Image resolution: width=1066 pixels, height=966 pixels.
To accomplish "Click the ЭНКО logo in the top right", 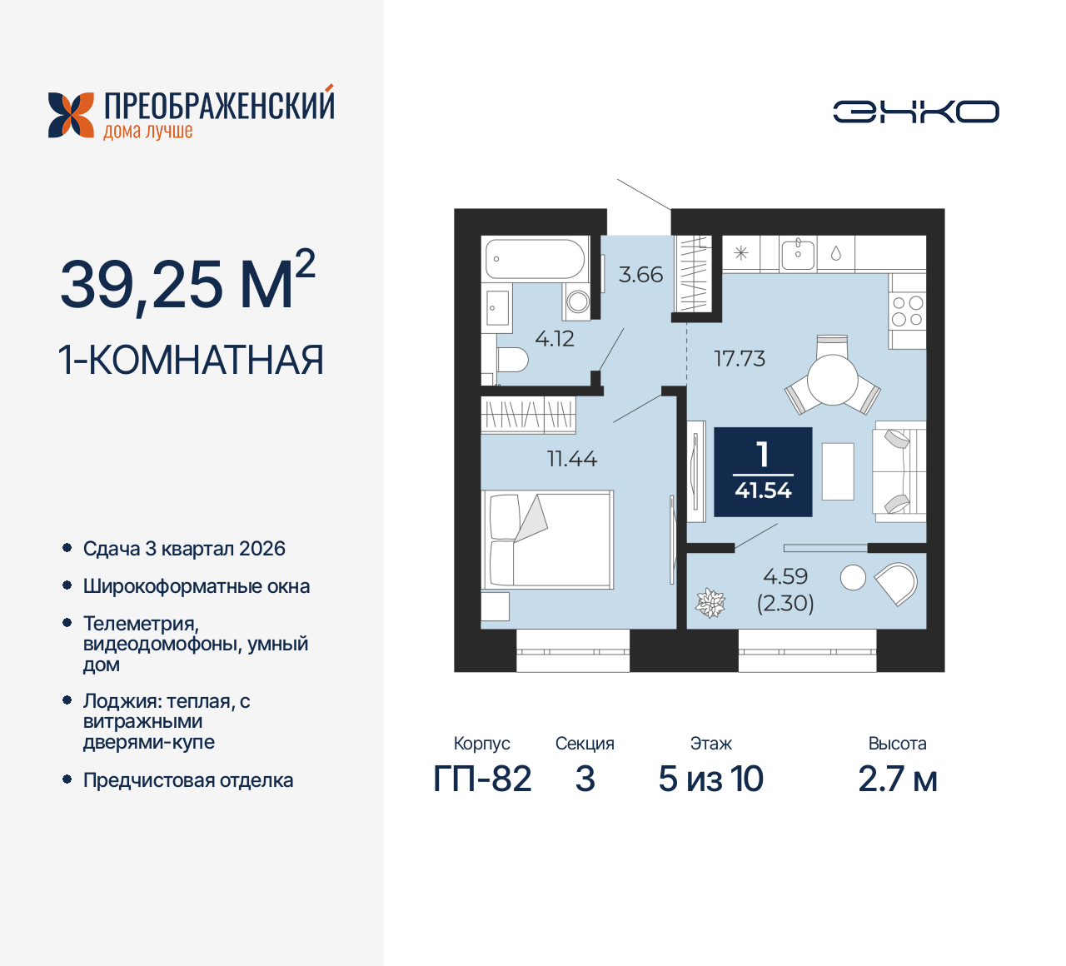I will pos(915,112).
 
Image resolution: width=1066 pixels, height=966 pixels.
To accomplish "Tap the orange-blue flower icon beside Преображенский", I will pos(71,115).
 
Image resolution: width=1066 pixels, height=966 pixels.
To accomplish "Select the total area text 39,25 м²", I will pos(187,283).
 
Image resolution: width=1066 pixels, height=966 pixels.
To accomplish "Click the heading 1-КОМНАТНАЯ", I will pos(191,361).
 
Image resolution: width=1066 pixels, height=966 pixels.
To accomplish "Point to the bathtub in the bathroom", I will pos(535,259).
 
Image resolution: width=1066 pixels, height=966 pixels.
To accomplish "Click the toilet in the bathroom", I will pos(512,361).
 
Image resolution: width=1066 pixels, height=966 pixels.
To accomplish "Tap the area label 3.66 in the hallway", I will pos(640,275).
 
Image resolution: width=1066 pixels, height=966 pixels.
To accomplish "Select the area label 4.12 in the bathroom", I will pos(555,338).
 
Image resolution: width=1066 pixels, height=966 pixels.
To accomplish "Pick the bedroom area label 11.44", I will pos(572,459).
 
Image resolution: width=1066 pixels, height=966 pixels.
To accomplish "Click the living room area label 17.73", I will pos(740,359).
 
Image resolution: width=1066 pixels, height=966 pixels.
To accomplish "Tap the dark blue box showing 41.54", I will pos(763,472).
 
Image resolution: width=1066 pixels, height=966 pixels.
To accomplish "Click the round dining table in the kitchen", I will pos(832,381).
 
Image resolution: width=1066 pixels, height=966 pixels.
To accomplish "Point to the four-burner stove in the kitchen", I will pos(907,311).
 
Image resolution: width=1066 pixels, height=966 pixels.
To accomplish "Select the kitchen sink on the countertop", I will pos(798,252).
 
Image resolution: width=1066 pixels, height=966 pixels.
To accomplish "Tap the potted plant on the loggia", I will pos(710,603).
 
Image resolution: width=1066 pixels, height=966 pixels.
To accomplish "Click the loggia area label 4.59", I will pos(785,576).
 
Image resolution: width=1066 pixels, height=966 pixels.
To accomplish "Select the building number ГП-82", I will pos(482,779).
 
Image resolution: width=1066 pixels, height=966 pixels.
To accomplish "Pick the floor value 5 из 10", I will pos(710,779).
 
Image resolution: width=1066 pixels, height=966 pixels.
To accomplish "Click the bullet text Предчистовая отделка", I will pos(188,781).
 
